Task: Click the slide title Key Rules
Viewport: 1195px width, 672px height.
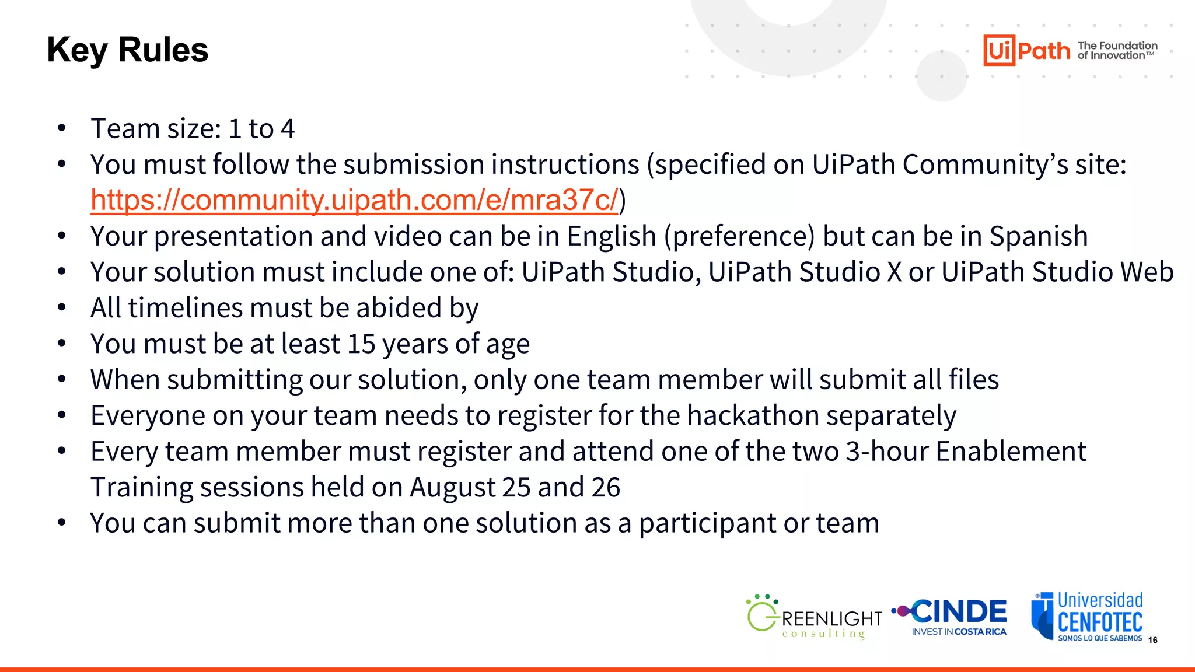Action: (x=127, y=50)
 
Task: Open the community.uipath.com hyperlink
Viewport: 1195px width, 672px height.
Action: (x=354, y=200)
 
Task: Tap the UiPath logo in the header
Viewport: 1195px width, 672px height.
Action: (x=1026, y=51)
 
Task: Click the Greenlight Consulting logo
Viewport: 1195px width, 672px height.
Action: (x=814, y=618)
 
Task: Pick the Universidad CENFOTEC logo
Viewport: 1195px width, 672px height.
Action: (x=1087, y=617)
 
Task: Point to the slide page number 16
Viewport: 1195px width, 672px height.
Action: (x=1152, y=640)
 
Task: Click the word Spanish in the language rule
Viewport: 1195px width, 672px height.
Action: (x=1039, y=236)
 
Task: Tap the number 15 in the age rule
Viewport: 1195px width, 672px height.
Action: (x=361, y=344)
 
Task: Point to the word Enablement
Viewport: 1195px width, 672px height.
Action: (x=1011, y=451)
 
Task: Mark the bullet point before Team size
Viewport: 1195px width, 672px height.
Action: (x=62, y=128)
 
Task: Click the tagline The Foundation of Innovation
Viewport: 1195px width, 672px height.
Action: (x=1117, y=51)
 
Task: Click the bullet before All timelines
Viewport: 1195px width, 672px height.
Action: (x=62, y=308)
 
